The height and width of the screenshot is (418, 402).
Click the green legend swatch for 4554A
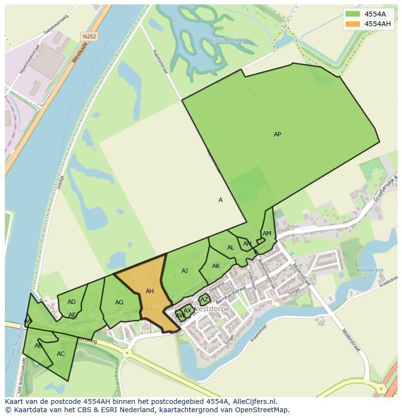[352, 14]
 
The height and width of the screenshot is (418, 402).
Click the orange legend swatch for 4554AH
[352, 24]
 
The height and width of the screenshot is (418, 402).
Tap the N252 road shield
[89, 36]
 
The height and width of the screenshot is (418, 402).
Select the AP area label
[277, 134]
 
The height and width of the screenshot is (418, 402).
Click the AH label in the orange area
[150, 291]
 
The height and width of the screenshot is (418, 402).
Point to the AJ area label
[184, 271]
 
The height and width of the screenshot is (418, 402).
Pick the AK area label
[216, 266]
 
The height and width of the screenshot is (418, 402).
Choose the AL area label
[231, 248]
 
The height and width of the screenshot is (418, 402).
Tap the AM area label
[267, 234]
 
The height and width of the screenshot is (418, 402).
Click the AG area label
[119, 302]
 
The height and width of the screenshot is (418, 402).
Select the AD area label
[71, 302]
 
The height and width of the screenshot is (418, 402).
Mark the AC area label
[61, 354]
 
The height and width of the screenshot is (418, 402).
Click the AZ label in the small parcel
[204, 300]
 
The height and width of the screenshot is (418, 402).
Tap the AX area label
[187, 311]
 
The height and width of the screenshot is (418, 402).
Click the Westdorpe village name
[212, 309]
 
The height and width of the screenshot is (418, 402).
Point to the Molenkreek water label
[370, 270]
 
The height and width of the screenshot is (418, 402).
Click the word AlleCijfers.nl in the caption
[253, 401]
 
